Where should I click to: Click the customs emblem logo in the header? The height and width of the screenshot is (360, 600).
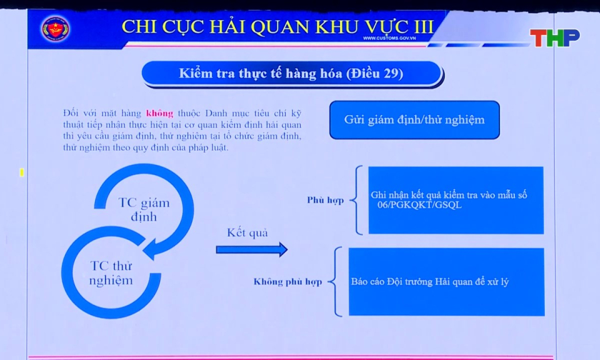[x=56, y=28]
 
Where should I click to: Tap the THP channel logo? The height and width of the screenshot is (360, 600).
[x=554, y=38]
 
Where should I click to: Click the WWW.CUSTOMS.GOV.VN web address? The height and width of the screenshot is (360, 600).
[x=389, y=39]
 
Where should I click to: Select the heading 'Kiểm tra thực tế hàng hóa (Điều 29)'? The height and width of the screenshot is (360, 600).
[x=291, y=73]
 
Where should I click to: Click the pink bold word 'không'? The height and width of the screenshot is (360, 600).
[x=159, y=113]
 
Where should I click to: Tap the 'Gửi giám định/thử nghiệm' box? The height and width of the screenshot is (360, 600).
[x=414, y=119]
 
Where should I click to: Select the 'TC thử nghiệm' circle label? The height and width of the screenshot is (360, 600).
[x=111, y=273]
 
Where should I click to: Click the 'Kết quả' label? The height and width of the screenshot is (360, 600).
[x=247, y=232]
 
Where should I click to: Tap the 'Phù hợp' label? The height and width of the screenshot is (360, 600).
[x=325, y=201]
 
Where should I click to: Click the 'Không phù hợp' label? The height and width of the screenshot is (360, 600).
[x=287, y=282]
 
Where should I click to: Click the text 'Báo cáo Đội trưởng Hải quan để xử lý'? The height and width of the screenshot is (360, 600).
[x=430, y=282]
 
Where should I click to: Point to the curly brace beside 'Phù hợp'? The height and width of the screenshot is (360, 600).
[x=356, y=200]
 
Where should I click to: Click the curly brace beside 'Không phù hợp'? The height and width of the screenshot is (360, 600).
[x=338, y=281]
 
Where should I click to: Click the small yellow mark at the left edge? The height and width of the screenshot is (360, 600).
[x=21, y=172]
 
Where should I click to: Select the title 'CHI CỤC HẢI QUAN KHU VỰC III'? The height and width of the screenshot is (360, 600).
[x=277, y=26]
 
